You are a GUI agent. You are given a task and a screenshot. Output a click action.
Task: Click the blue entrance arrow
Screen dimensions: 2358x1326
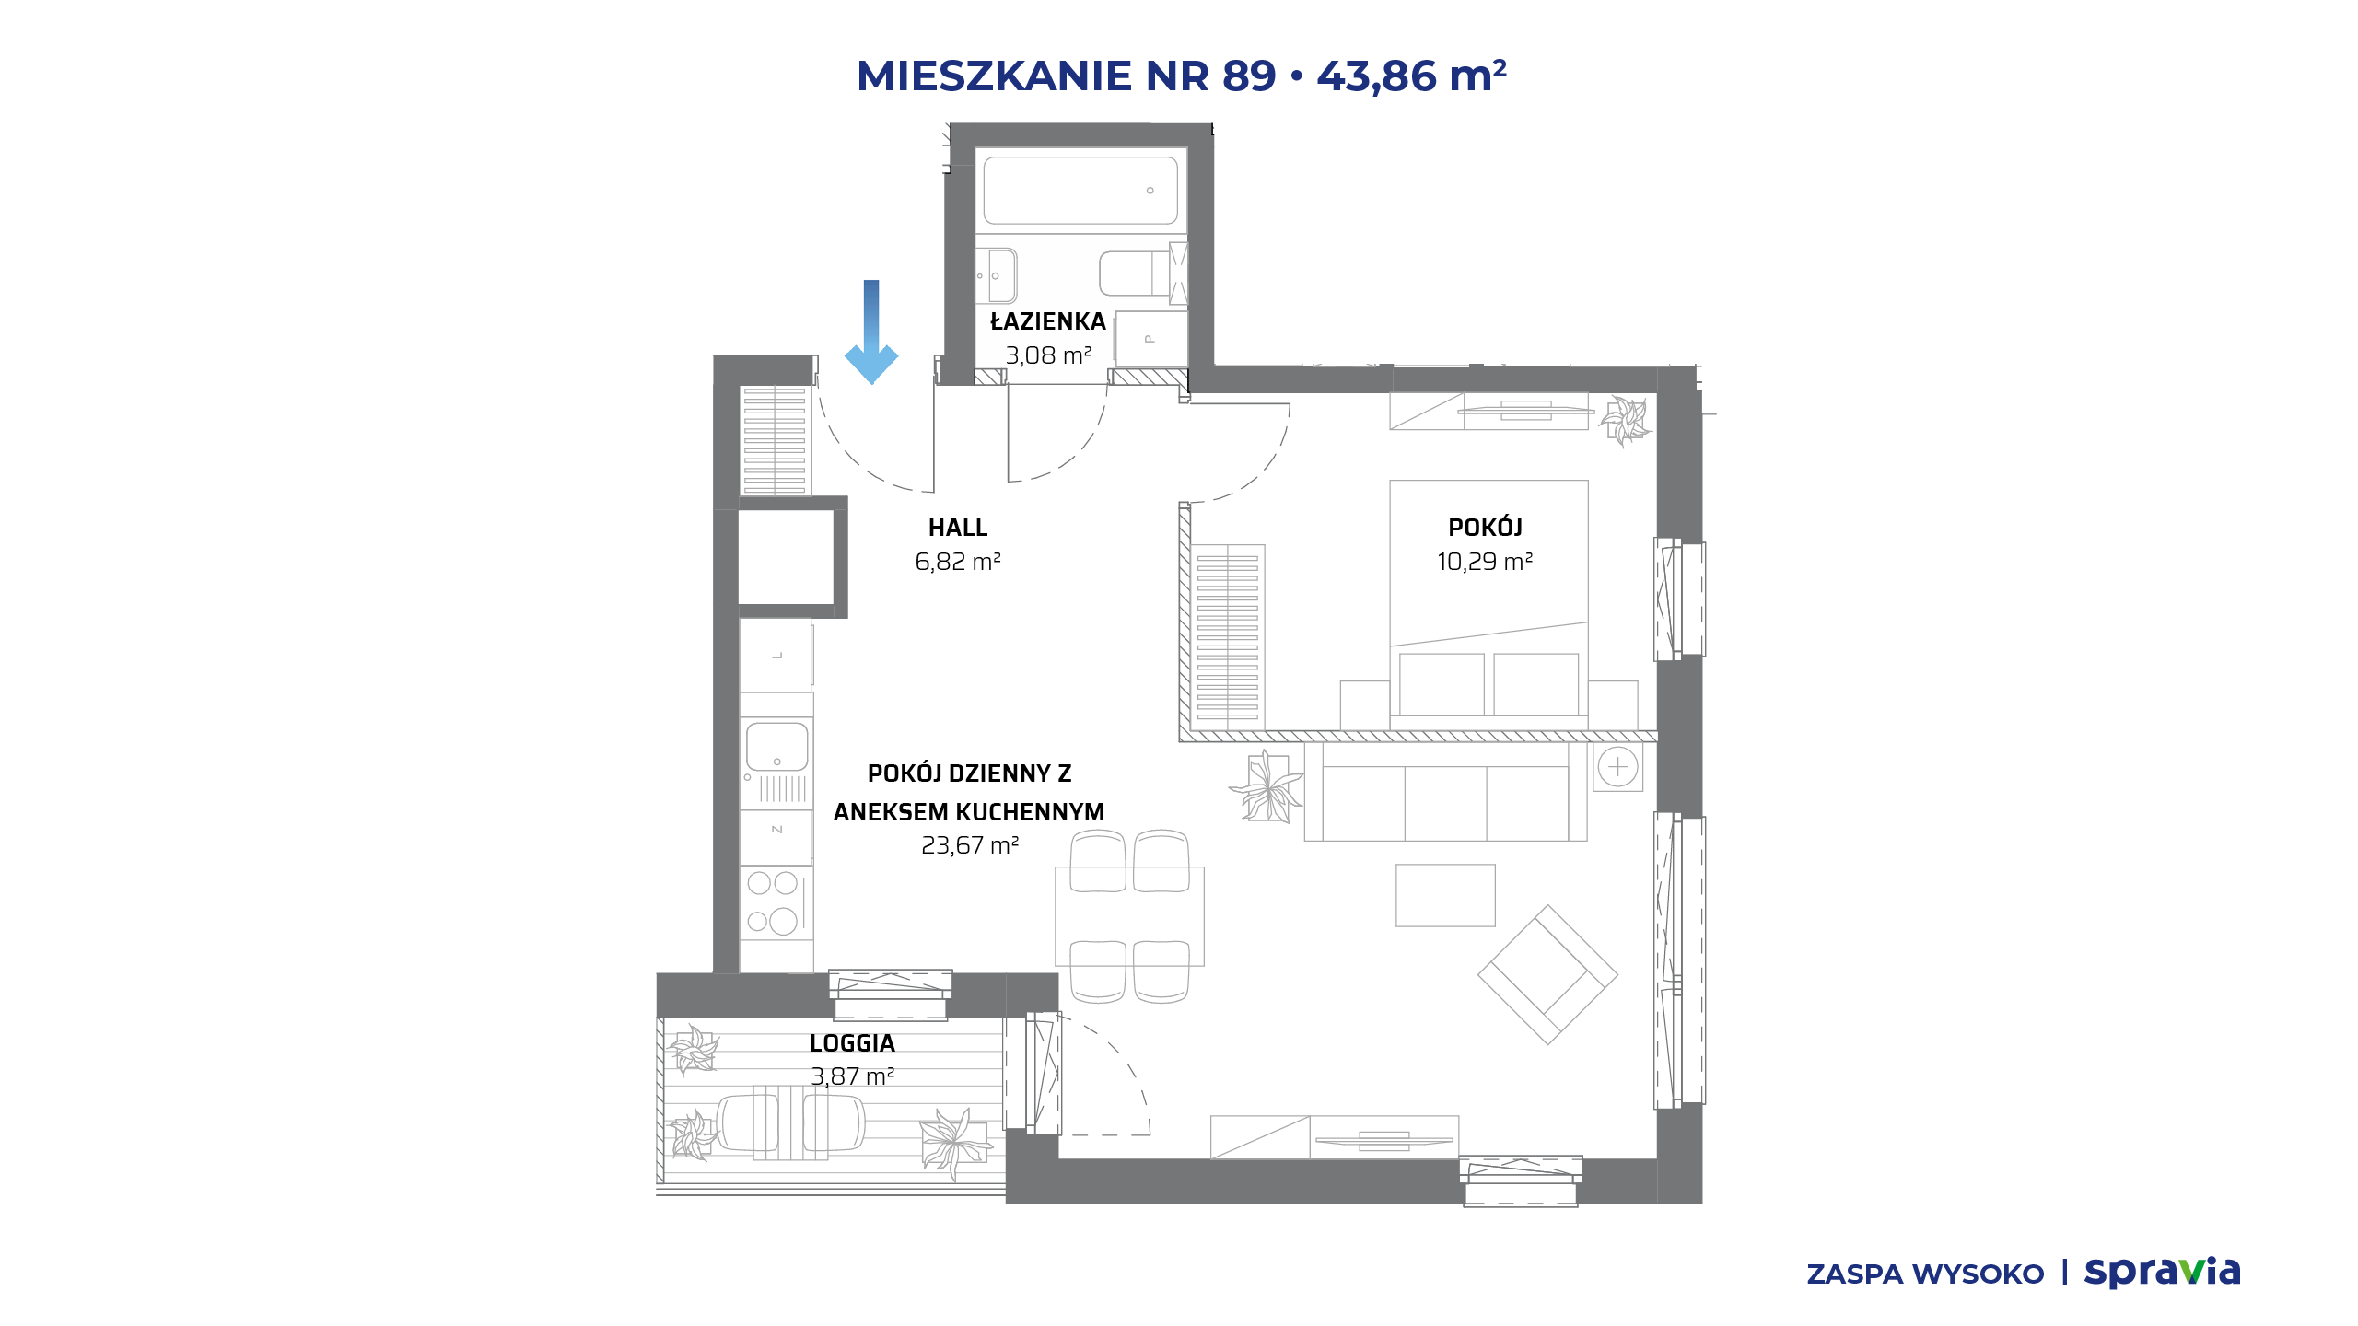(871, 331)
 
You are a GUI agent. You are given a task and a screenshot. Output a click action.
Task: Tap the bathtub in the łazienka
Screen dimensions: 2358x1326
(1080, 191)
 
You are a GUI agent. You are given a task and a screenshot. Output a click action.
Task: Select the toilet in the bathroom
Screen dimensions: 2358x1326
(1133, 273)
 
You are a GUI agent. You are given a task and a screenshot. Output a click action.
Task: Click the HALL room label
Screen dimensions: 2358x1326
(958, 528)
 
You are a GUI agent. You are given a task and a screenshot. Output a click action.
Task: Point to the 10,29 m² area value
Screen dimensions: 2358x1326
(1485, 562)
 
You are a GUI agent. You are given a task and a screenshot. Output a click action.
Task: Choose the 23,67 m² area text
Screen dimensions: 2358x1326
(970, 845)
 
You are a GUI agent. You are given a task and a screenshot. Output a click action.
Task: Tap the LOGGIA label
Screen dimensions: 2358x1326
(852, 1043)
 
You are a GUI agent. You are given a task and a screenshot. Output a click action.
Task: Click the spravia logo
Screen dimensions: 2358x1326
(2162, 1273)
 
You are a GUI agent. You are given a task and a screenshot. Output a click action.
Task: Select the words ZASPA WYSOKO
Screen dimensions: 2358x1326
(1925, 1274)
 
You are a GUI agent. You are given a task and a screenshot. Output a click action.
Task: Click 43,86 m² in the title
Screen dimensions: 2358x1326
(1412, 76)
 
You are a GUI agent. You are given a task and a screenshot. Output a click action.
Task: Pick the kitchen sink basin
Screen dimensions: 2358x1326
(776, 746)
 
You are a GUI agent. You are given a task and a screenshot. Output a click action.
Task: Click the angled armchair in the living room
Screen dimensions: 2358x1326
(1547, 974)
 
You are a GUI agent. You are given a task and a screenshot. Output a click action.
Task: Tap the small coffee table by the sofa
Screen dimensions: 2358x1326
(1445, 895)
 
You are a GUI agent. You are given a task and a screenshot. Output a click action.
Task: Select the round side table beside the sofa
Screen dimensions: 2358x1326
(1618, 767)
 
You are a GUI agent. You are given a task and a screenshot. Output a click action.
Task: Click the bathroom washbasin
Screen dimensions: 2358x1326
(997, 275)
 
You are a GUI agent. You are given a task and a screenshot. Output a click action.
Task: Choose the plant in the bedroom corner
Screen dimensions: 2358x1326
(1625, 421)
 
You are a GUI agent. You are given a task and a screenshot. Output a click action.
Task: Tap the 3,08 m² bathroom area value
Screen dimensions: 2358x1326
(1048, 355)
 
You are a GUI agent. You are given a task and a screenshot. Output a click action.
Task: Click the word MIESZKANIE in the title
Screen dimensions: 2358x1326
(994, 76)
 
